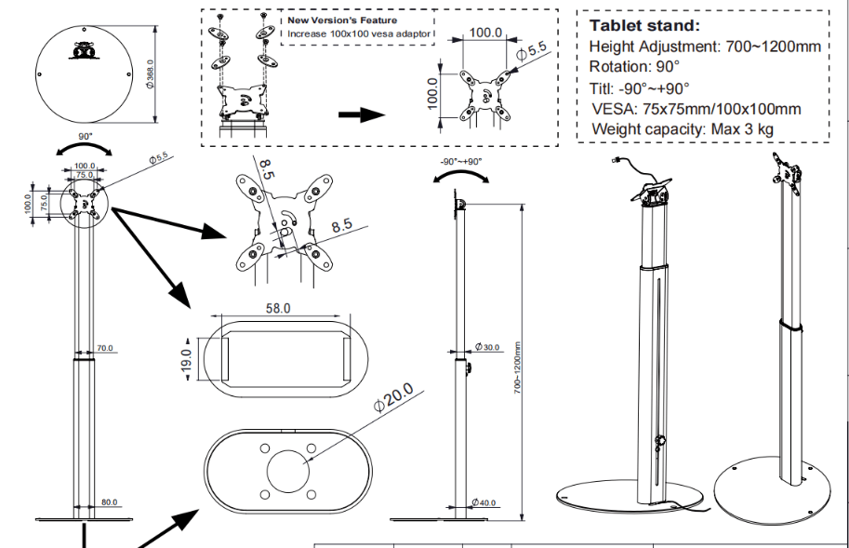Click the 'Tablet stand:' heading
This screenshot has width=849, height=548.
click(x=644, y=25)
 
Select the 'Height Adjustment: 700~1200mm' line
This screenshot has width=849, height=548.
click(x=705, y=47)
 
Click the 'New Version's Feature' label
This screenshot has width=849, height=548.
click(x=341, y=20)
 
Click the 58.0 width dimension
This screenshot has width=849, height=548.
click(x=278, y=308)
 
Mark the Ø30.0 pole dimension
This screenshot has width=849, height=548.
click(x=486, y=347)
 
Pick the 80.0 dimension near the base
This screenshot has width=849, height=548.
click(x=110, y=502)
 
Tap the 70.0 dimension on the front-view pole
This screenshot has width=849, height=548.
click(x=104, y=348)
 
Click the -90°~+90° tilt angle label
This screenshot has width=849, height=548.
click(x=460, y=161)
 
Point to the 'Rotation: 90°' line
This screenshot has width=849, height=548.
click(x=634, y=67)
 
